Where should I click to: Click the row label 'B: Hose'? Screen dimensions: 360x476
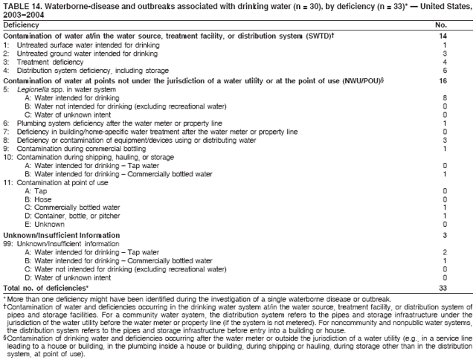36,199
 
